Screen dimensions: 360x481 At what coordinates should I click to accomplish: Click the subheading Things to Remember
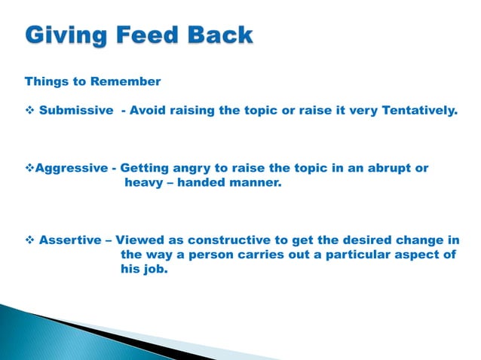click(x=93, y=81)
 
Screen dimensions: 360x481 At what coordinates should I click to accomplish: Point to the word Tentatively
click(x=418, y=111)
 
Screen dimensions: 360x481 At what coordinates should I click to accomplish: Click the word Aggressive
click(x=75, y=168)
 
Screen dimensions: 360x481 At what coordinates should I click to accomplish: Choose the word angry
click(x=195, y=168)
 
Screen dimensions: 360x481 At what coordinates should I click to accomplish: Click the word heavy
click(x=143, y=182)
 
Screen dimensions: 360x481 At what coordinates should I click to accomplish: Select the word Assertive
click(x=69, y=240)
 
